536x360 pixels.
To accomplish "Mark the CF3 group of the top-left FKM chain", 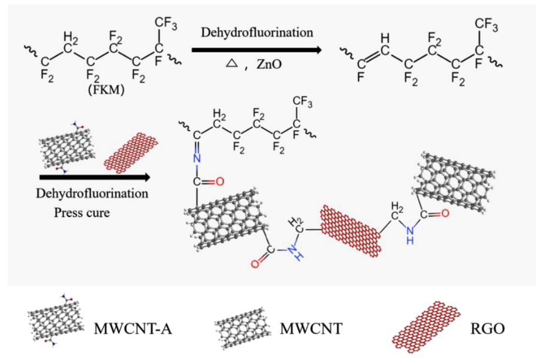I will (x=165, y=22).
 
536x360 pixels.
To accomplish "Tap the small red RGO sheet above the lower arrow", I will (x=130, y=150).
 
